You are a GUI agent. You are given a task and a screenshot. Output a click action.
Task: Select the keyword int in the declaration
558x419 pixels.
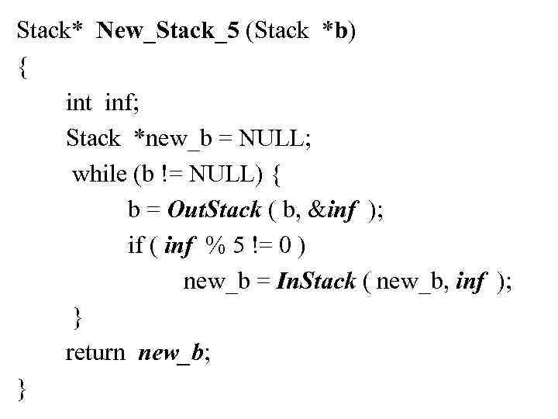click(x=79, y=103)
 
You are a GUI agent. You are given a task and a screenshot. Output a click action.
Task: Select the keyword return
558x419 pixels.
click(x=95, y=353)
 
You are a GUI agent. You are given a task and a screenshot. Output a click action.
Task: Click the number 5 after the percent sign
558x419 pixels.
click(x=243, y=246)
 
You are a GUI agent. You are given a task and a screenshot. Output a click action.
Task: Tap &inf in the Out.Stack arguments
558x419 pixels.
click(x=332, y=209)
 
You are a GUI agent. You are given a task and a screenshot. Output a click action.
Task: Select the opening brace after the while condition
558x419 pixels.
click(x=277, y=175)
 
